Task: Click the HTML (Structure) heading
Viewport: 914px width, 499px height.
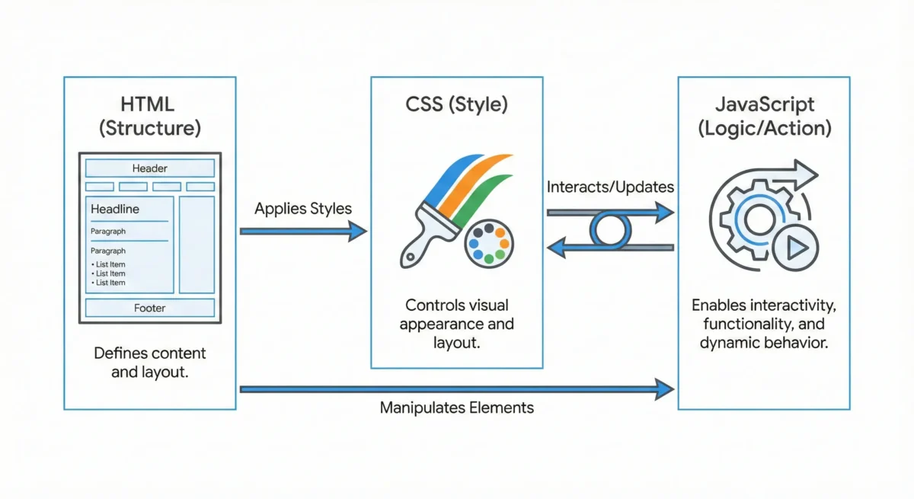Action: click(x=149, y=115)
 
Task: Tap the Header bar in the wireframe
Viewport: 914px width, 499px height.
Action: click(x=149, y=168)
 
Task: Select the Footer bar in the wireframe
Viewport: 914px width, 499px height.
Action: click(x=149, y=308)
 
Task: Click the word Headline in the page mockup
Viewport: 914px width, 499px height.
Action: click(x=115, y=209)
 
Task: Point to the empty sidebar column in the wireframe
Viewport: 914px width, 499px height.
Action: click(x=197, y=245)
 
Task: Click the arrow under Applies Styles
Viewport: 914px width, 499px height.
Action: click(x=303, y=231)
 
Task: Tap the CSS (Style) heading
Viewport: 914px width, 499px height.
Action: click(x=456, y=104)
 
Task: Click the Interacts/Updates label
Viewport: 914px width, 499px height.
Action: click(x=610, y=187)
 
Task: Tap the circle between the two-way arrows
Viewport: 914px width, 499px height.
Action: click(x=610, y=229)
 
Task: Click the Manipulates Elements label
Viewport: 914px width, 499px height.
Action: click(x=456, y=408)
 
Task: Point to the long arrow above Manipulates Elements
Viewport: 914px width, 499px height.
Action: click(x=456, y=389)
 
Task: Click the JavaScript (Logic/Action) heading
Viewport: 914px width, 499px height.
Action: click(x=764, y=115)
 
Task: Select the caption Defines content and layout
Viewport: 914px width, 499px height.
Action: click(x=149, y=363)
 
